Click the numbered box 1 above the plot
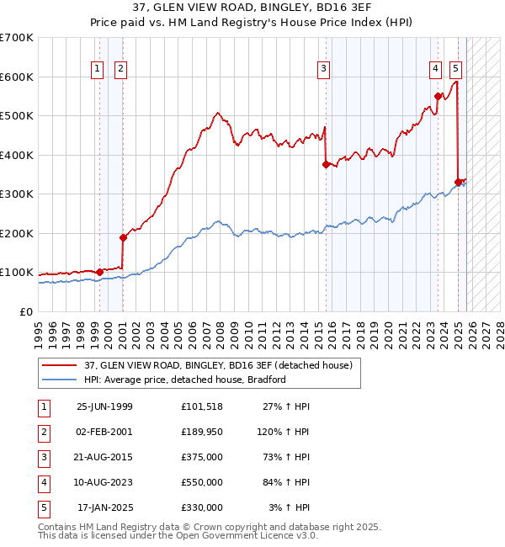[x=98, y=69]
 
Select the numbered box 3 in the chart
[x=323, y=69]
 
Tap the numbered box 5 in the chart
[x=455, y=69]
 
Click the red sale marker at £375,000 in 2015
[x=325, y=165]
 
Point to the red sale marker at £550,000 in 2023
[x=438, y=96]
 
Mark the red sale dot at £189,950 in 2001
[x=123, y=237]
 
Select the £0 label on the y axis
[x=25, y=311]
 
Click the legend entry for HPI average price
[x=184, y=380]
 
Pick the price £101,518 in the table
[x=201, y=406]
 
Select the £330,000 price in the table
[x=201, y=507]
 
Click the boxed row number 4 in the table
[x=43, y=482]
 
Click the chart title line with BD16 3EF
[x=252, y=9]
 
